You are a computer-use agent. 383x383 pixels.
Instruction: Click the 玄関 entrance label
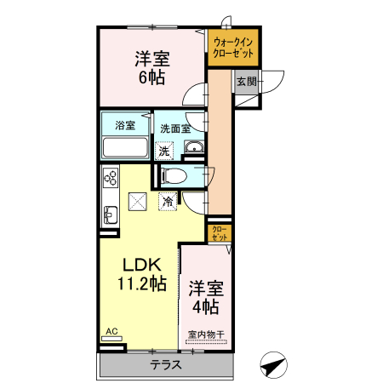pyautogui.click(x=245, y=82)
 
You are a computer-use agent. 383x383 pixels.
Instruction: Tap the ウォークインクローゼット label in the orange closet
pyautogui.click(x=232, y=47)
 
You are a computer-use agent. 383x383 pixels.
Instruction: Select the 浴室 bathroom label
pyautogui.click(x=125, y=125)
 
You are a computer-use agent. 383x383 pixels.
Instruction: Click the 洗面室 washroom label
pyautogui.click(x=174, y=129)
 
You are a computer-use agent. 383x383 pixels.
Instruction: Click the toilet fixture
pyautogui.click(x=174, y=176)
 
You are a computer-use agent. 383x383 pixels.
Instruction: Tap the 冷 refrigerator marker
pyautogui.click(x=168, y=202)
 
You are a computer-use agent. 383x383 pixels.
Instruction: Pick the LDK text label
pyautogui.click(x=134, y=265)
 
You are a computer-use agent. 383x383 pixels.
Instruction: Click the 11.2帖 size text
pyautogui.click(x=134, y=285)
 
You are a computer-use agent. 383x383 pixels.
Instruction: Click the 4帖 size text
pyautogui.click(x=204, y=306)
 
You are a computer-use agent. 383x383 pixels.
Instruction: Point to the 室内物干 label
pyautogui.click(x=205, y=334)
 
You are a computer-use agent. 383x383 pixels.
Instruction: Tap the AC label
pyautogui.click(x=111, y=331)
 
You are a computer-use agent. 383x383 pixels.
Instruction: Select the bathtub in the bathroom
pyautogui.click(x=125, y=147)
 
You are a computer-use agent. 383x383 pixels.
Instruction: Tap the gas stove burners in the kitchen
pyautogui.click(x=111, y=178)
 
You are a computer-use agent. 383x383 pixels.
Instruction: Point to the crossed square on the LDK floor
pyautogui.click(x=137, y=203)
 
